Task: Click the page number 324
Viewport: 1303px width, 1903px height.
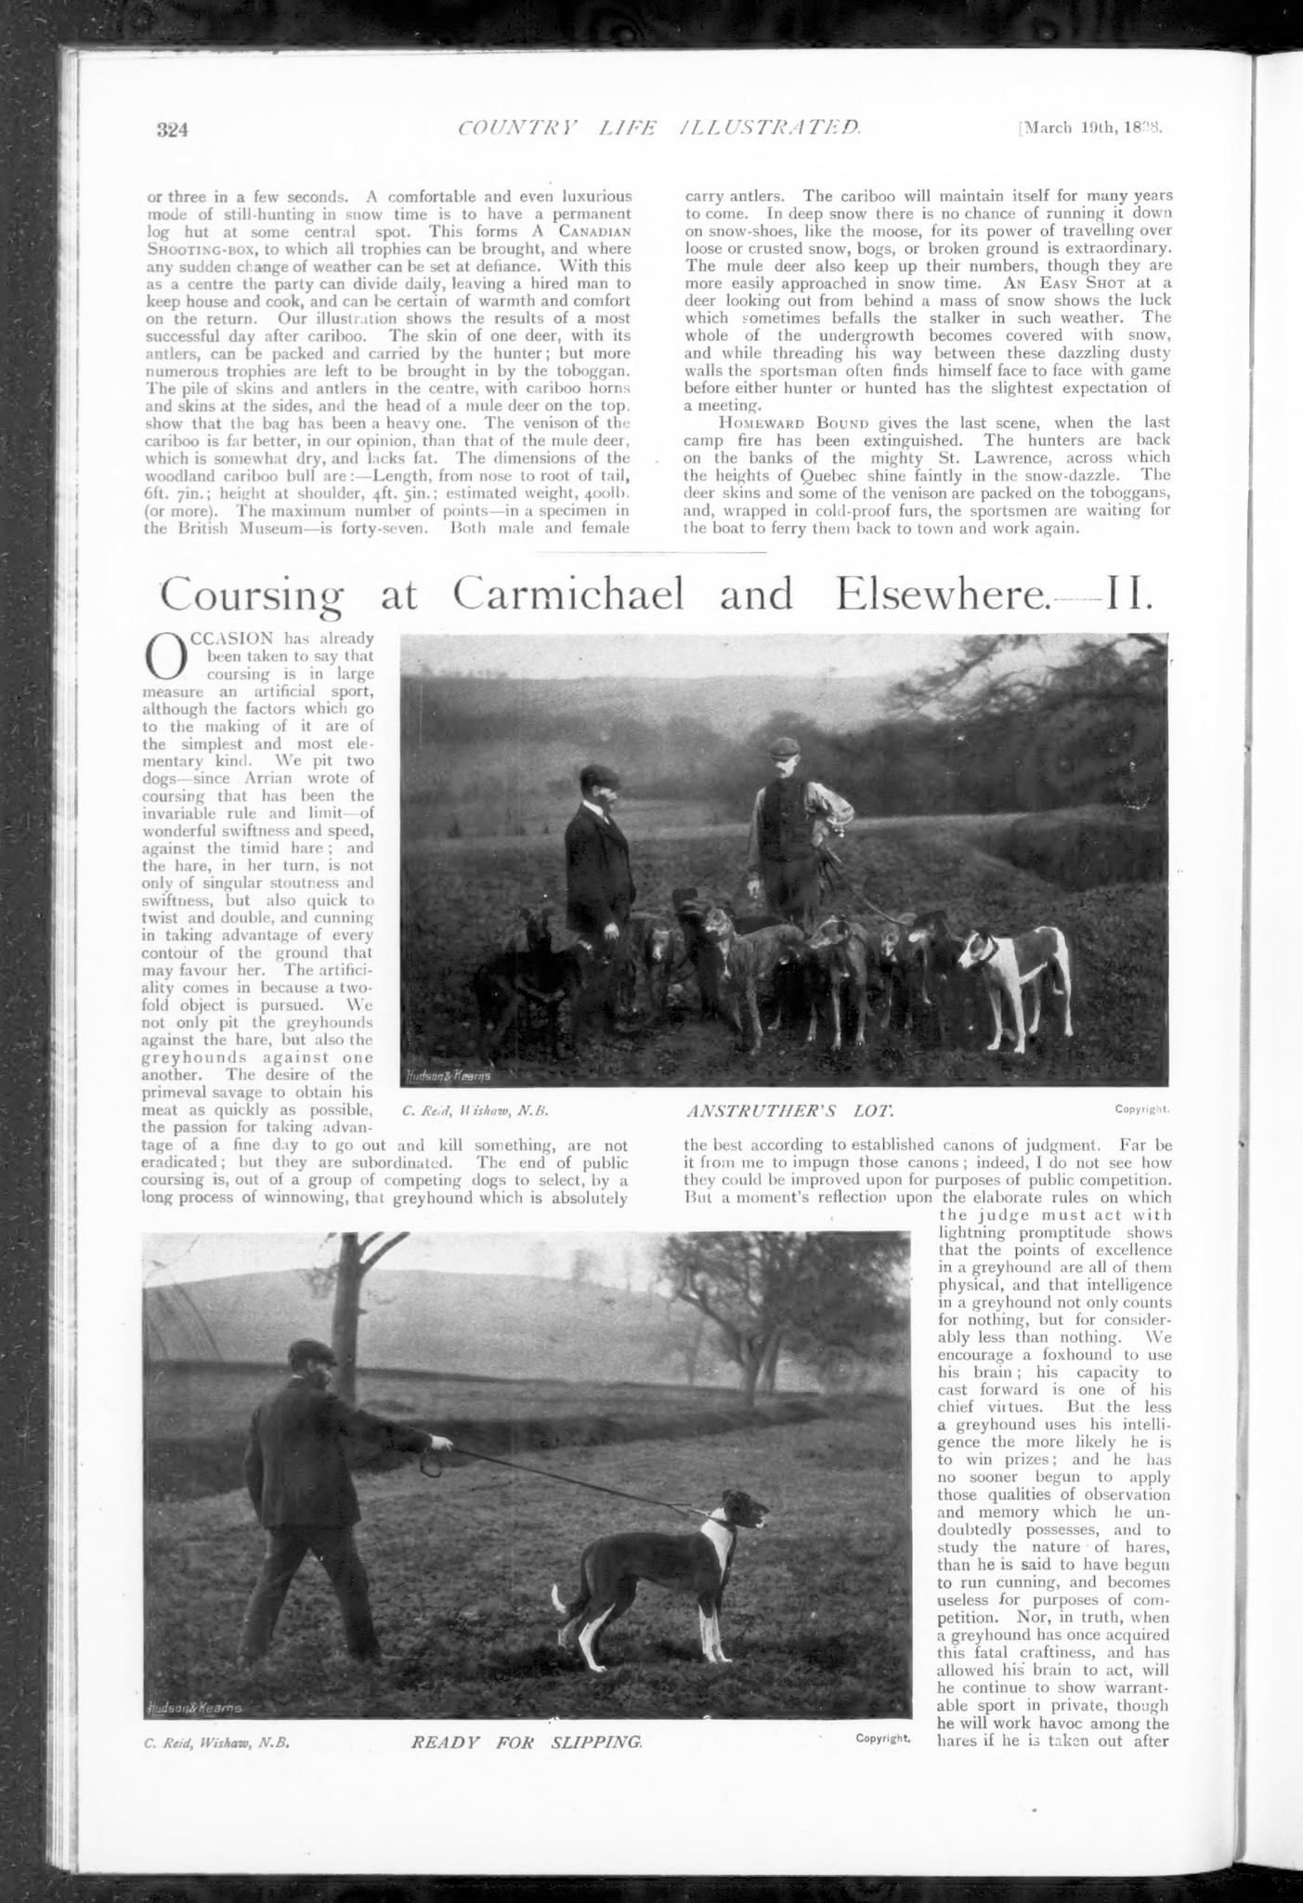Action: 172,130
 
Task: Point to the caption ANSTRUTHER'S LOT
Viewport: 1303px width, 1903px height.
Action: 788,1109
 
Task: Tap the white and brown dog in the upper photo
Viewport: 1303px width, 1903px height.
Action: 1014,966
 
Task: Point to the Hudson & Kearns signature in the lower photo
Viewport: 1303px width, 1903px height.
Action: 196,1708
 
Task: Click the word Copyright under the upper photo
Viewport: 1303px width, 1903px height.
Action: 1141,1109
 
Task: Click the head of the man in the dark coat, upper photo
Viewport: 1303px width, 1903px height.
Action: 594,785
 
